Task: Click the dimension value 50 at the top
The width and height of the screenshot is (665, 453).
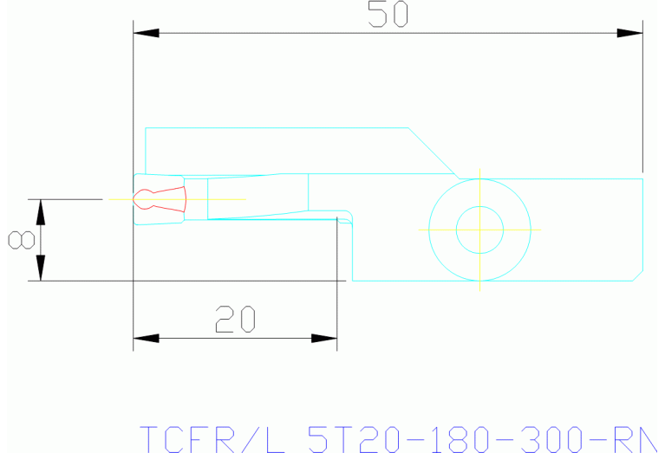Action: click(388, 15)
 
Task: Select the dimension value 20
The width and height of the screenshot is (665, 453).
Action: click(236, 320)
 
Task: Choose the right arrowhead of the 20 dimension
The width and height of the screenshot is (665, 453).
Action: click(324, 337)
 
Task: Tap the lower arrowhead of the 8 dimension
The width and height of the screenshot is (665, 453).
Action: click(40, 269)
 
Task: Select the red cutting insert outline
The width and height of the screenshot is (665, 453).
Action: click(165, 199)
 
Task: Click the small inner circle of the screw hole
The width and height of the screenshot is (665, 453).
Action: click(479, 230)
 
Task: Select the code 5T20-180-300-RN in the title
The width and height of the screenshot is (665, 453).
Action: click(486, 439)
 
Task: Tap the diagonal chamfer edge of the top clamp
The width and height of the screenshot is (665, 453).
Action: click(434, 152)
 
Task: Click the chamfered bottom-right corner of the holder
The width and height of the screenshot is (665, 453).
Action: click(638, 276)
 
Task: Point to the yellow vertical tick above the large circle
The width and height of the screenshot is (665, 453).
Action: click(479, 172)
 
